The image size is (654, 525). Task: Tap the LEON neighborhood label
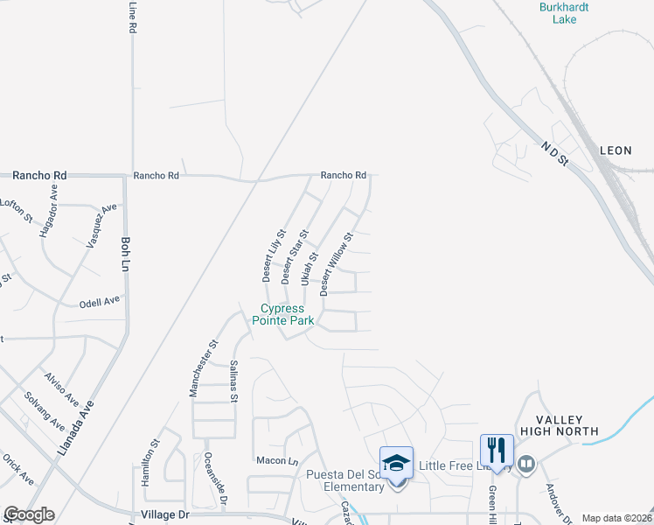click(616, 150)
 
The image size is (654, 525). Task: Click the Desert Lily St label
click(268, 255)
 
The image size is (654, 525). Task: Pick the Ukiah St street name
click(307, 269)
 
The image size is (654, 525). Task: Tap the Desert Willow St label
click(336, 262)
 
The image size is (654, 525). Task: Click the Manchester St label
click(201, 368)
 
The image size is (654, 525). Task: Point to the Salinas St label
click(233, 381)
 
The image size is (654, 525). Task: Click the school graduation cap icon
click(395, 461)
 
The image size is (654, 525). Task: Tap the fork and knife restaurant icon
click(496, 450)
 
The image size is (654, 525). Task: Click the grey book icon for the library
click(525, 465)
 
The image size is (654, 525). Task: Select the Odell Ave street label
click(99, 300)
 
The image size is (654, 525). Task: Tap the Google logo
click(30, 514)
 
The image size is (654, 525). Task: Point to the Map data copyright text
click(616, 518)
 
